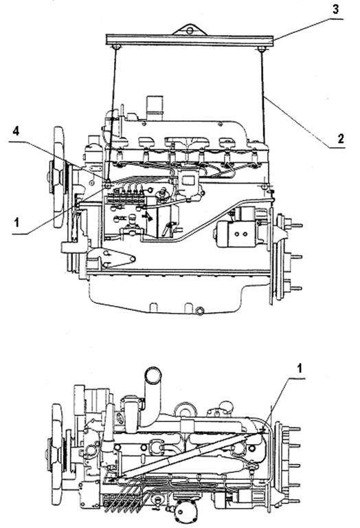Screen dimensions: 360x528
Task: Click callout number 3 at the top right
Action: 336,9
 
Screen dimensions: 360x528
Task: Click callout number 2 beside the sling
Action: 341,138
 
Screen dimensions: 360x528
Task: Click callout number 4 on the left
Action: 16,131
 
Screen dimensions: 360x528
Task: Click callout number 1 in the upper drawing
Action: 16,223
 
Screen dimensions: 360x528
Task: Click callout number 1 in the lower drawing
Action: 299,368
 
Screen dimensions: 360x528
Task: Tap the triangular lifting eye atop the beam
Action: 190,30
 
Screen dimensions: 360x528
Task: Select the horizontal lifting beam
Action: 190,40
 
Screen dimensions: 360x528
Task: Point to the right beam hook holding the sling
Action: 262,49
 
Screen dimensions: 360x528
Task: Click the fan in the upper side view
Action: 58,177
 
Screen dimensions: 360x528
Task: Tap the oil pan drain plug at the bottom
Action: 199,311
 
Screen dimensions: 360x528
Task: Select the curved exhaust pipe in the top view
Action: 150,397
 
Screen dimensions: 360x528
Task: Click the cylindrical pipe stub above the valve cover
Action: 155,109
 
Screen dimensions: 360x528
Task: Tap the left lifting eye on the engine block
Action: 108,185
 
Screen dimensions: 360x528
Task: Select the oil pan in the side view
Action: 165,292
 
